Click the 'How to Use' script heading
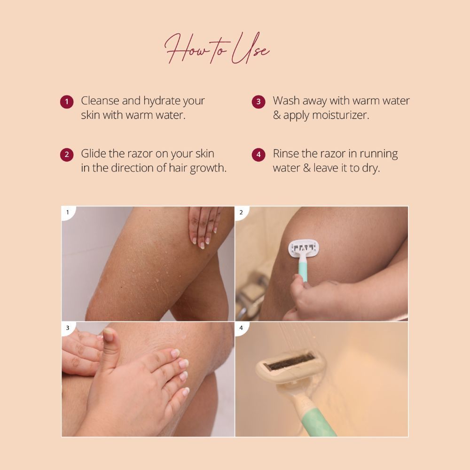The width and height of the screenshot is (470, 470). (217, 48)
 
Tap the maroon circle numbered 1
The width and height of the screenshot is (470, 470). (67, 102)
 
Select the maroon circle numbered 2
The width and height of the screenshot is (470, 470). (67, 155)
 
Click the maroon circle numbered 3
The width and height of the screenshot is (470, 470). (258, 102)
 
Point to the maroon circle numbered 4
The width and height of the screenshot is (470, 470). (258, 155)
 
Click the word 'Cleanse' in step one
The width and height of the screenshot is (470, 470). (100, 101)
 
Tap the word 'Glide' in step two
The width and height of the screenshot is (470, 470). (94, 154)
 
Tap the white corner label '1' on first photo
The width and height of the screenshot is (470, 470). (68, 213)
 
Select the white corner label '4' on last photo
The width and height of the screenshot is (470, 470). (242, 328)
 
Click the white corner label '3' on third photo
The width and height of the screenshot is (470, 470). (68, 328)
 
